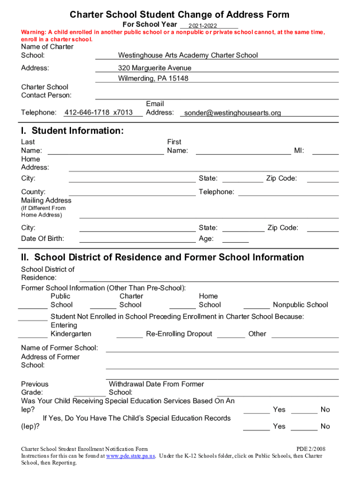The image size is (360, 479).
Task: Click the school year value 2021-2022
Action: click(202, 25)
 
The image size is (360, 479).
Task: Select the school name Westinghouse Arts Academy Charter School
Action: click(188, 55)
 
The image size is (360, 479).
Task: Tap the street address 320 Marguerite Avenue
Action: click(155, 68)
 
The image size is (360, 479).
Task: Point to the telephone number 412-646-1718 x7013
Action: click(98, 113)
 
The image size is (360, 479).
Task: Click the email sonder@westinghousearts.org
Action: click(232, 113)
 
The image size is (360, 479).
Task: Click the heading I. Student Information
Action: click(72, 131)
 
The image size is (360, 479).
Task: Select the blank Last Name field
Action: click(106, 151)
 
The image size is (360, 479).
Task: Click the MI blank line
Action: click(325, 151)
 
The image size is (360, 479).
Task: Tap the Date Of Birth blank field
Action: click(137, 239)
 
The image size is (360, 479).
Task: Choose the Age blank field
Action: click(236, 239)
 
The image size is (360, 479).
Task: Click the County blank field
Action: click(132, 192)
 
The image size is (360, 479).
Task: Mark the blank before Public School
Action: click(33, 305)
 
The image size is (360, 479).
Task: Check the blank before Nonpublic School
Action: click(257, 305)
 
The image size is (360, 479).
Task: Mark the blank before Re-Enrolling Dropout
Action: click(130, 334)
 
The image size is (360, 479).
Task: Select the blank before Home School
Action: click(182, 305)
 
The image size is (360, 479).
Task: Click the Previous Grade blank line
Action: click(90, 393)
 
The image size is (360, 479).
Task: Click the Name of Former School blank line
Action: click(222, 348)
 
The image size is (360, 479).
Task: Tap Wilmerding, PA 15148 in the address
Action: click(153, 79)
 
